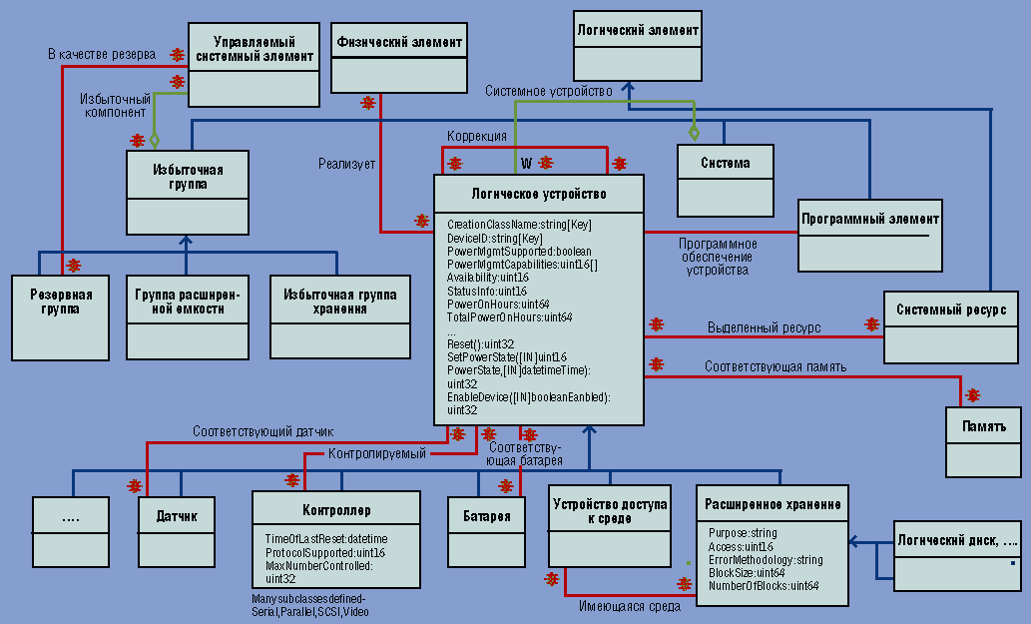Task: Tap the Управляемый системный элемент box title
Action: (x=254, y=49)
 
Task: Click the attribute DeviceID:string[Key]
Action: (x=495, y=238)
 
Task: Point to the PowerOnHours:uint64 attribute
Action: (x=498, y=304)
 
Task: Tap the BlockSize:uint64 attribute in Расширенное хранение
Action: (x=747, y=572)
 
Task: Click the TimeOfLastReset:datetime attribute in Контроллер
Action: (x=325, y=539)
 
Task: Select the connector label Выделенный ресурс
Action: (x=764, y=326)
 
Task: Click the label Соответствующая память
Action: (x=774, y=366)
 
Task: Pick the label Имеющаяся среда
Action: (x=629, y=605)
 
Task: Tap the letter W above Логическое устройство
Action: (x=526, y=162)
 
